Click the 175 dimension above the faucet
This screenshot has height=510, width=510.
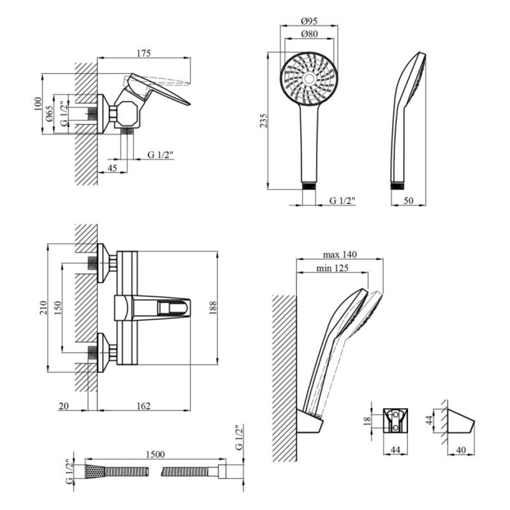point(143,53)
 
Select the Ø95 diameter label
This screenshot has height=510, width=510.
point(309,21)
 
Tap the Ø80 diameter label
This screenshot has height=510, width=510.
point(309,34)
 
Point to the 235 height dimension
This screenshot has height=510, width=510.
point(264,120)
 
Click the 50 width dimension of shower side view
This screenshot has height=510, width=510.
point(408,200)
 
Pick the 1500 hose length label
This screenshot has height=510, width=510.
point(156,454)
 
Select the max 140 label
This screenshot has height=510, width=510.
point(340,254)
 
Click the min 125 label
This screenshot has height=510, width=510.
point(332,268)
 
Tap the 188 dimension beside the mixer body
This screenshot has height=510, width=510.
point(213,308)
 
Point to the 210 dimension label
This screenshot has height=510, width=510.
point(43,308)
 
